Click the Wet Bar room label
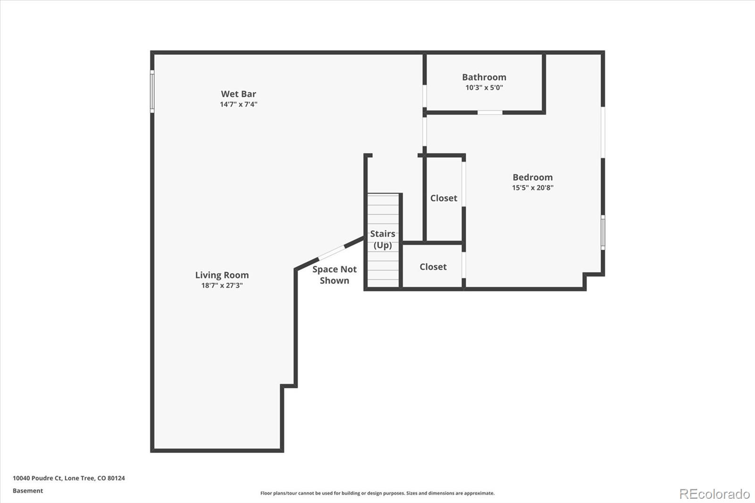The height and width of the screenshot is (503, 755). point(238,94)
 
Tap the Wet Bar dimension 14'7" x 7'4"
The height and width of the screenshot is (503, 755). point(238,104)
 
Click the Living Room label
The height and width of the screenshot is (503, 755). point(222,275)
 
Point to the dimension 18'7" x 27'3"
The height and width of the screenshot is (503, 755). point(222,285)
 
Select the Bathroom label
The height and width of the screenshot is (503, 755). point(484,77)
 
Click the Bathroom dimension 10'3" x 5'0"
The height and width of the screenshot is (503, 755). point(484,88)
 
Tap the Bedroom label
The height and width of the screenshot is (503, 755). point(532,177)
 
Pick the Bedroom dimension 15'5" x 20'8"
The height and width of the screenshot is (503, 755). point(532,188)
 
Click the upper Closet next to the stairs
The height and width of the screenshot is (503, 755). point(444,198)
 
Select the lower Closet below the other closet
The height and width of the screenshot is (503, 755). point(433,267)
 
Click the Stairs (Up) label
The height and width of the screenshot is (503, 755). point(383,239)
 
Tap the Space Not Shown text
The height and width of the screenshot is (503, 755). point(335,275)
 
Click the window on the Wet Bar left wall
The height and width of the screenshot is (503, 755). point(152,91)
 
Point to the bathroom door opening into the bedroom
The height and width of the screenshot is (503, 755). point(490,112)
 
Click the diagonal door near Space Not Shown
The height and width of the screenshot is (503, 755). point(332,252)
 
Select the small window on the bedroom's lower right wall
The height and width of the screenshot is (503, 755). point(603,232)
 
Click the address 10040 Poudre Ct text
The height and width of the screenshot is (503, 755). point(69,478)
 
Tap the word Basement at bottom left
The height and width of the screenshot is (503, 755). point(28,491)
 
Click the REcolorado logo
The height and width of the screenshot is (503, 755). point(714,494)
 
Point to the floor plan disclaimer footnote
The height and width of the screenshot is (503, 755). point(377,493)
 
